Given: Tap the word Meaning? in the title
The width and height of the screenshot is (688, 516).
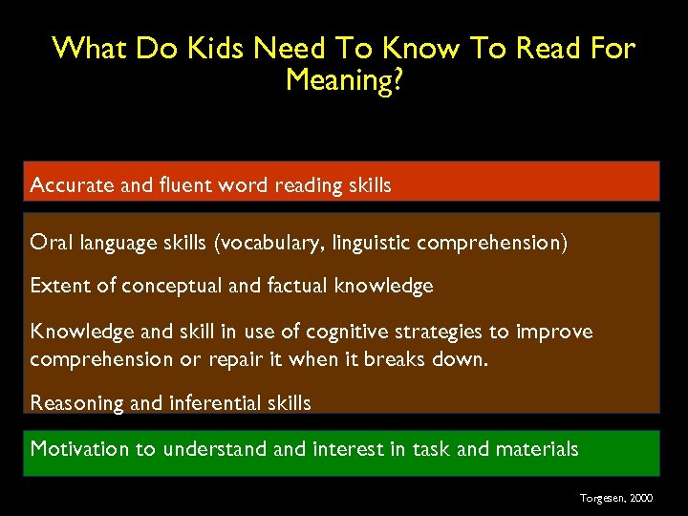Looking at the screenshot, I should [343, 79].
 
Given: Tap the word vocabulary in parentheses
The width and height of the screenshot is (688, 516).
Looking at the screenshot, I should [272, 244].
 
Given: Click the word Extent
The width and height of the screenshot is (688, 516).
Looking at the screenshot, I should [58, 286].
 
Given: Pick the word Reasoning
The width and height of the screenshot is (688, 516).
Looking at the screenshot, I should [76, 403].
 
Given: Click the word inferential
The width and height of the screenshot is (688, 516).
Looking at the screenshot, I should [212, 403].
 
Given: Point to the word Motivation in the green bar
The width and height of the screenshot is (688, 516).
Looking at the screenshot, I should [81, 449].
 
